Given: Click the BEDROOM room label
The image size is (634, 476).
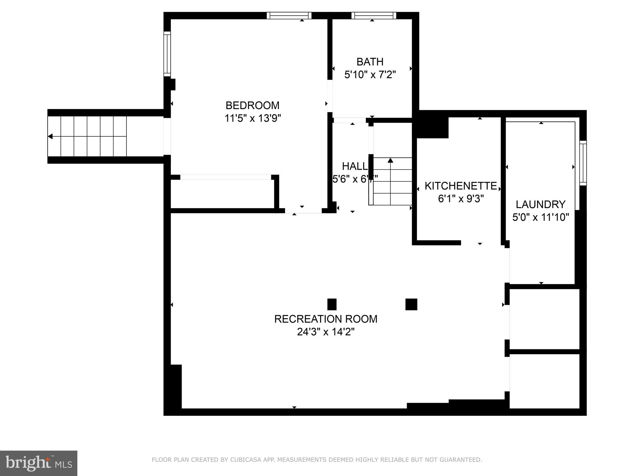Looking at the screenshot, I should tap(252, 105).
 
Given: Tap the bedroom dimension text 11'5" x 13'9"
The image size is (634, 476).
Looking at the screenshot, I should tap(253, 118).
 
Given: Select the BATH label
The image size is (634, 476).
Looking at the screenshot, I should tap(370, 62).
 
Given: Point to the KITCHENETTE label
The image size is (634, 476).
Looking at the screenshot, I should tap(461, 186).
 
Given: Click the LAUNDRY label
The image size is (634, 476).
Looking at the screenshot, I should tap(540, 204).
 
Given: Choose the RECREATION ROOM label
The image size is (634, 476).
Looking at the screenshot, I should tap(326, 319).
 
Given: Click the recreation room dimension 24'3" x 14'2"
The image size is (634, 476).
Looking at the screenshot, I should tap(326, 332).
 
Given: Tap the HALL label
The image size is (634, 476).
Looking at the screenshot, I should tap(354, 166).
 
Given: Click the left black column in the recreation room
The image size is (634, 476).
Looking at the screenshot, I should tap(332, 304).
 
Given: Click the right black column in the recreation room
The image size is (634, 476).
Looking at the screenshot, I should tap(411, 304).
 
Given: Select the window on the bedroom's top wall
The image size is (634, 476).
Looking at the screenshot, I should tap(289, 16).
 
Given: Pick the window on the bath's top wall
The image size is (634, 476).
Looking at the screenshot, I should tap(374, 16).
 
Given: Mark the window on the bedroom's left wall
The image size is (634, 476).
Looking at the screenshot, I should tap(167, 54).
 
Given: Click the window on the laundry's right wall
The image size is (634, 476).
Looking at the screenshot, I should tap(583, 163).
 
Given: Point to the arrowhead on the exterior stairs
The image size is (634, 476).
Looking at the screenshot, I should tap(50, 136).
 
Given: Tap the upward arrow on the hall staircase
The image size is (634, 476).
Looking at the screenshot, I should tap(390, 161).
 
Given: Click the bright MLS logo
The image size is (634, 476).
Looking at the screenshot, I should tap(38, 463).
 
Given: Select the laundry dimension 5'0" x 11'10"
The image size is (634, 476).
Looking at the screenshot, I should tap(540, 217).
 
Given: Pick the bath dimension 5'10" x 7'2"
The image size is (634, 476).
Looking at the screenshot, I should tap(370, 75).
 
